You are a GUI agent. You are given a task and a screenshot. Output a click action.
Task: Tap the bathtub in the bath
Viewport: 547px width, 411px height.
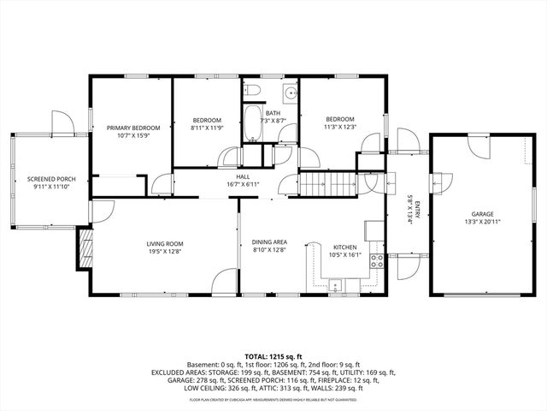click(x=254, y=125)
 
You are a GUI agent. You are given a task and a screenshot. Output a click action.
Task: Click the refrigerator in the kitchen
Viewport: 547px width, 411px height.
click(x=373, y=230)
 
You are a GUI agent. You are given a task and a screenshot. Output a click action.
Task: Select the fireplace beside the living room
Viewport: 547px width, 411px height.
click(x=84, y=249)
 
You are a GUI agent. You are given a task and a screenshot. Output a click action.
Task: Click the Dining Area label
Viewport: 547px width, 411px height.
click(x=270, y=242)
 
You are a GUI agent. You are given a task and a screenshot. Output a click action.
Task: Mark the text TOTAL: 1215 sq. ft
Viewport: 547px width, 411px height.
click(x=273, y=356)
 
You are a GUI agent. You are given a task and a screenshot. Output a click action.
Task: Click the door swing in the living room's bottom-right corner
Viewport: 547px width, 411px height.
click(x=226, y=283)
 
